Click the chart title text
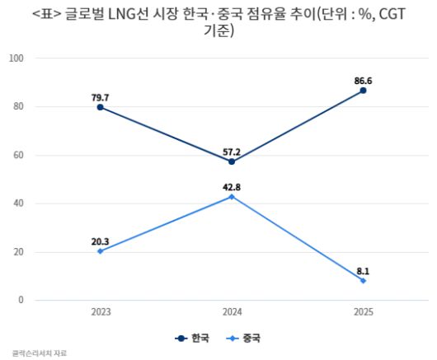(x=218, y=21)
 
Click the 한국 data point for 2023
(x=100, y=107)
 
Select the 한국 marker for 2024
(x=232, y=161)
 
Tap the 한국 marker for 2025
(x=363, y=91)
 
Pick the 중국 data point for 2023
(x=100, y=250)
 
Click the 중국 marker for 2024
(x=232, y=196)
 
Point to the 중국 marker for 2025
(x=363, y=280)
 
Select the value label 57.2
(x=232, y=151)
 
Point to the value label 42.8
(x=232, y=185)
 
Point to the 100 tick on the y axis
(x=16, y=58)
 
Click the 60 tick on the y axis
(x=18, y=155)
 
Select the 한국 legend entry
(x=194, y=338)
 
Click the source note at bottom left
(x=39, y=353)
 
